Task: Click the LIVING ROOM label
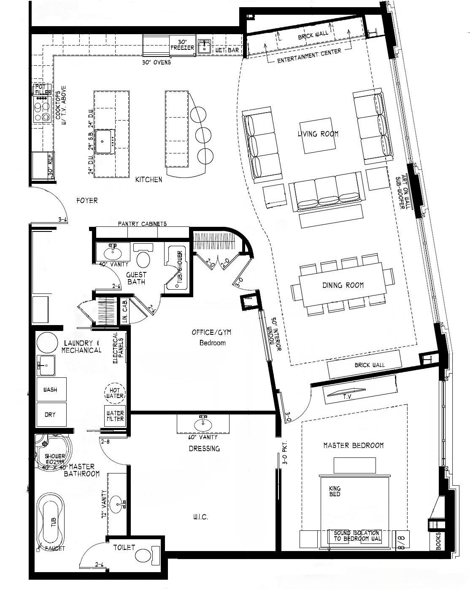tap(318, 134)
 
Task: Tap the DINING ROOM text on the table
tap(343, 285)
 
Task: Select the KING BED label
tap(335, 491)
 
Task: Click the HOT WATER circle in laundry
tap(114, 393)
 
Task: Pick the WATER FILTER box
tap(115, 416)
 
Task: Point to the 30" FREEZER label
tap(182, 45)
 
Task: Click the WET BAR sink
tap(205, 46)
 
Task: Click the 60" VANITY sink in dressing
tap(203, 423)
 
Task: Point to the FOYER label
tap(87, 201)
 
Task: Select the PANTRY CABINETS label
tap(142, 224)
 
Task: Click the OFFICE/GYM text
tap(211, 332)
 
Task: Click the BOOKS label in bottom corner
tap(438, 541)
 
